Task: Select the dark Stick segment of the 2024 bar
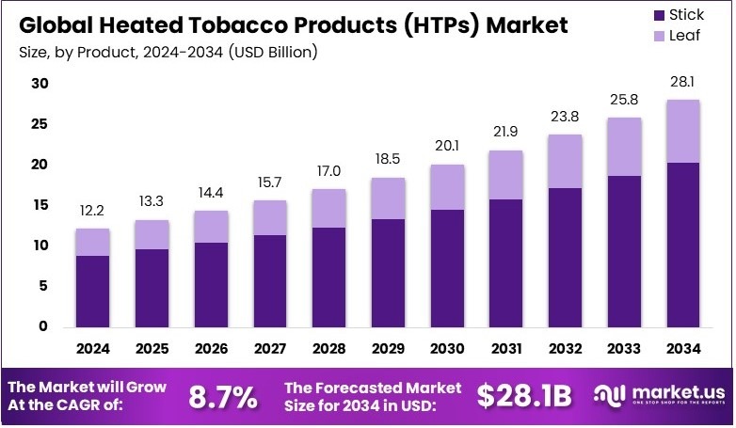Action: tap(93, 292)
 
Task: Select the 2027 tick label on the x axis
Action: tap(271, 348)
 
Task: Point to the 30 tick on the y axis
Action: tap(40, 84)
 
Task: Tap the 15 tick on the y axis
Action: tap(40, 205)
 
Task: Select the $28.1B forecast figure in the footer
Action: tap(524, 397)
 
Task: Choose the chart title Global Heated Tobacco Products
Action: tap(292, 24)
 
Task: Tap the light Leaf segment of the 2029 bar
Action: tap(389, 198)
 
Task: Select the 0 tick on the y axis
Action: tap(43, 326)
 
